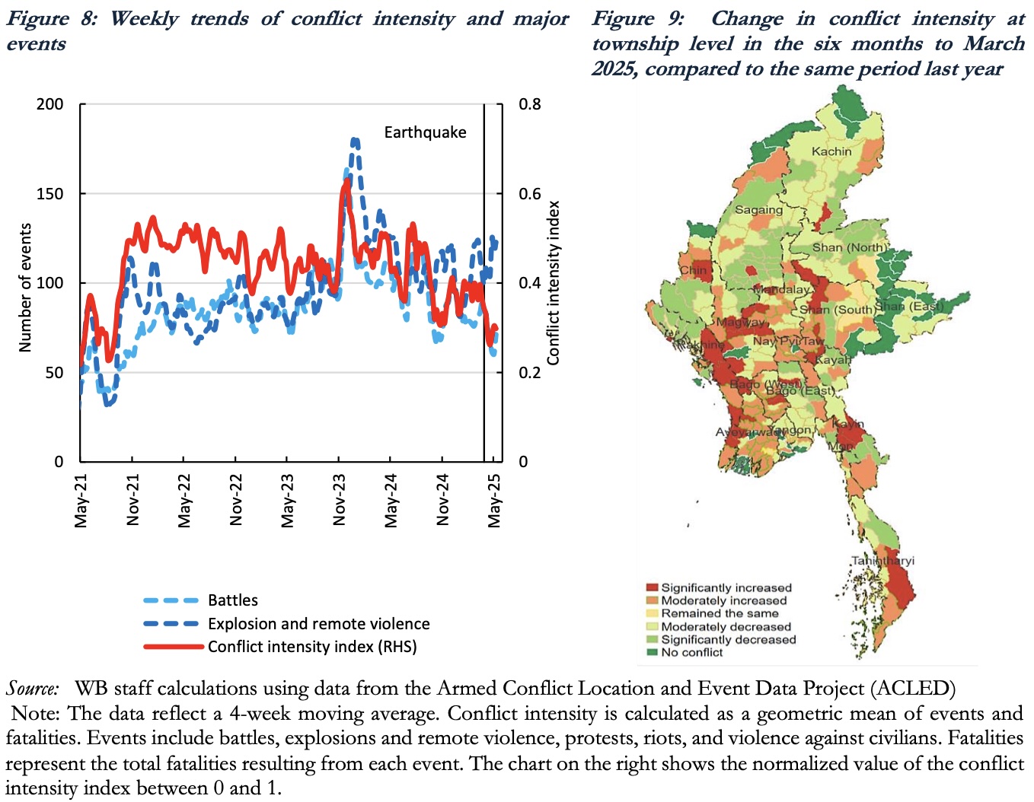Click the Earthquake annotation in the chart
tap(425, 132)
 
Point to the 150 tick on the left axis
tap(50, 193)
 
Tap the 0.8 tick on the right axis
tap(530, 104)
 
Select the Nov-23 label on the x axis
tap(339, 499)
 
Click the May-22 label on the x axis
tap(184, 499)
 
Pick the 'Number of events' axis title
tap(25, 288)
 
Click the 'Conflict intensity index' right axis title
tap(554, 283)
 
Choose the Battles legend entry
tap(232, 600)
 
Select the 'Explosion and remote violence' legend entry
tap(318, 624)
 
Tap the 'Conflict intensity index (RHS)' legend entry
tap(312, 647)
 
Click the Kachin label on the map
tap(831, 151)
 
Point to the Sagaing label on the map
tap(758, 209)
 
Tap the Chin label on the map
tap(694, 270)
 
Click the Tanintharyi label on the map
tap(882, 561)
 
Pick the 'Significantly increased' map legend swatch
tap(652, 587)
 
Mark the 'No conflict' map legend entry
tap(691, 652)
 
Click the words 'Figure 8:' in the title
tap(52, 18)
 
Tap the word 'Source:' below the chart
tap(33, 689)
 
